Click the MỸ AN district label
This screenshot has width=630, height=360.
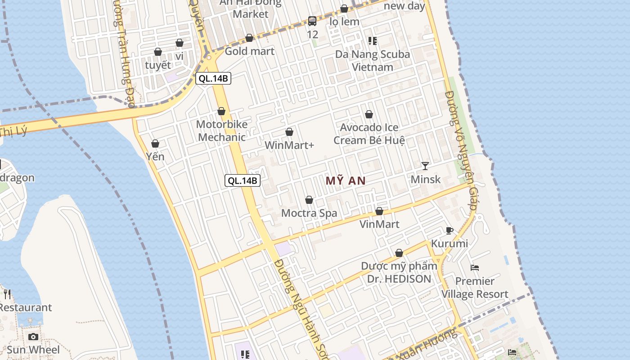345,181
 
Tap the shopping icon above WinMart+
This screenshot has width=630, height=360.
289,132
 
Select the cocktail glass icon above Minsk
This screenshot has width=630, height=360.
425,166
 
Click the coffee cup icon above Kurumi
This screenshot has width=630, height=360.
449,230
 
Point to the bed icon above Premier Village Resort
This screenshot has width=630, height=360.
475,268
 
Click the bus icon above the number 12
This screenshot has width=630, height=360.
312,21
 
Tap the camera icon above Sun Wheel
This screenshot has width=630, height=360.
33,337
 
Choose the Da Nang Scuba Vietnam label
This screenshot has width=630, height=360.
373,61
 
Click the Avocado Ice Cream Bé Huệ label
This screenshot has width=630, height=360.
369,134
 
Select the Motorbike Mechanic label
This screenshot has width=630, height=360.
222,130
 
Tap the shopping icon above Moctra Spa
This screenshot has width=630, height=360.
309,200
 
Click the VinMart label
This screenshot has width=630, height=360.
379,224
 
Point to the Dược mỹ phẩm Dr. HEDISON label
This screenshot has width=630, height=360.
399,272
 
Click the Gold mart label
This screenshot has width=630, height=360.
249,51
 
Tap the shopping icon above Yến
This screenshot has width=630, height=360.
155,144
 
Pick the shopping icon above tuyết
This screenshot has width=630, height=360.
158,52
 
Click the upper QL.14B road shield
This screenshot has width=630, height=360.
213,78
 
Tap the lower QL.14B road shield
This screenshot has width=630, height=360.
243,180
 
